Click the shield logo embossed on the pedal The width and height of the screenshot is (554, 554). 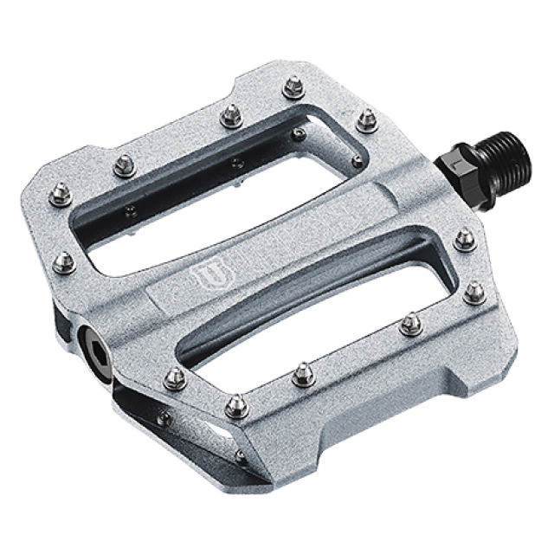tap(202, 278)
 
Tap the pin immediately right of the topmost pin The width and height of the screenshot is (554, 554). tap(367, 119)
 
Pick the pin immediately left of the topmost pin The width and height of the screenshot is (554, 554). tap(232, 115)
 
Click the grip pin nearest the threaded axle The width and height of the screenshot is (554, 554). tap(465, 239)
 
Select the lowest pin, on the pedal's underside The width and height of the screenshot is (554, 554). tap(241, 455)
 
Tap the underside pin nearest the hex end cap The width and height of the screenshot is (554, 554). tap(162, 420)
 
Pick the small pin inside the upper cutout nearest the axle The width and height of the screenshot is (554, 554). tap(357, 161)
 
